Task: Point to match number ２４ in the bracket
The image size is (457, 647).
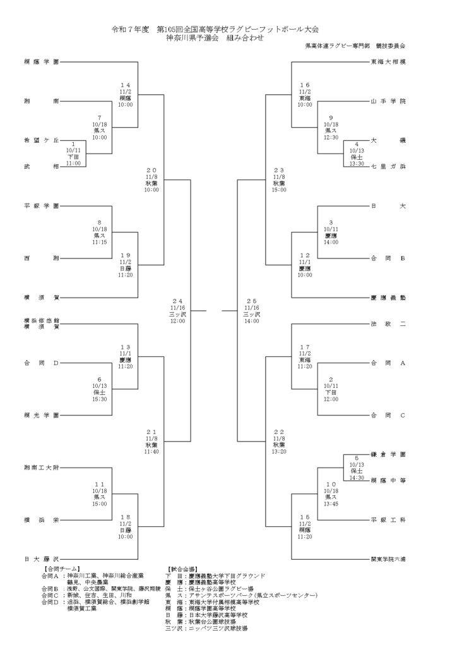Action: point(177,301)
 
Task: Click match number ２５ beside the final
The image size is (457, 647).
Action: point(252,301)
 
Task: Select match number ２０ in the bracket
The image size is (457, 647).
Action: point(151,171)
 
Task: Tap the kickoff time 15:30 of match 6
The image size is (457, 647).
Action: point(99,399)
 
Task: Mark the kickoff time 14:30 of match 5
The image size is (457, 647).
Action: point(357,477)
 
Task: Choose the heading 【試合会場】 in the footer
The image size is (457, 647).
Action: point(184,569)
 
